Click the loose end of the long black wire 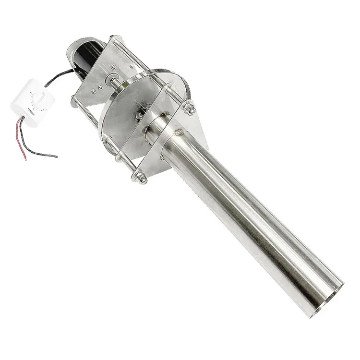point(56,156)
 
